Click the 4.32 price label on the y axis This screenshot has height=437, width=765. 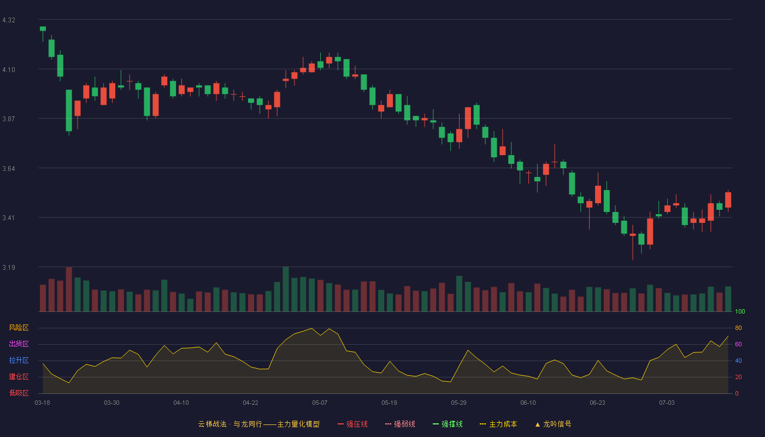pyautogui.click(x=9, y=20)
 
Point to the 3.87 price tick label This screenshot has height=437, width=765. pyautogui.click(x=9, y=119)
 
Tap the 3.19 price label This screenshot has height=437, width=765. pyautogui.click(x=9, y=267)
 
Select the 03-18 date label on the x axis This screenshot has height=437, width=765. pyautogui.click(x=43, y=403)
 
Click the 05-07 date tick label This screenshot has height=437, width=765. pyautogui.click(x=320, y=403)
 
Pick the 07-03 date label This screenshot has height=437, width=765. pyautogui.click(x=667, y=403)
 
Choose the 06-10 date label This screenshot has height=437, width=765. pyautogui.click(x=528, y=403)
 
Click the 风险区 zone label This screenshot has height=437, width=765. pyautogui.click(x=19, y=328)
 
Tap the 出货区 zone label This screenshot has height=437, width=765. pyautogui.click(x=19, y=344)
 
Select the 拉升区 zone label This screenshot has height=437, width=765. pyautogui.click(x=19, y=360)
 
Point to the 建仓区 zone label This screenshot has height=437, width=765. pyautogui.click(x=19, y=376)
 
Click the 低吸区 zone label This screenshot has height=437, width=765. pyautogui.click(x=19, y=393)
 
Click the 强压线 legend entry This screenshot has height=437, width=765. pyautogui.click(x=352, y=424)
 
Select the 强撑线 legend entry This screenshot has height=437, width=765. pyautogui.click(x=448, y=424)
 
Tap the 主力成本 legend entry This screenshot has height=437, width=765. pyautogui.click(x=498, y=424)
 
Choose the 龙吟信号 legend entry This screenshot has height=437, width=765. pyautogui.click(x=553, y=424)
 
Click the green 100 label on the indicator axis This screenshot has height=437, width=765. pyautogui.click(x=740, y=311)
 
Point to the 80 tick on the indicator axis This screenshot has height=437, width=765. pyautogui.click(x=738, y=328)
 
